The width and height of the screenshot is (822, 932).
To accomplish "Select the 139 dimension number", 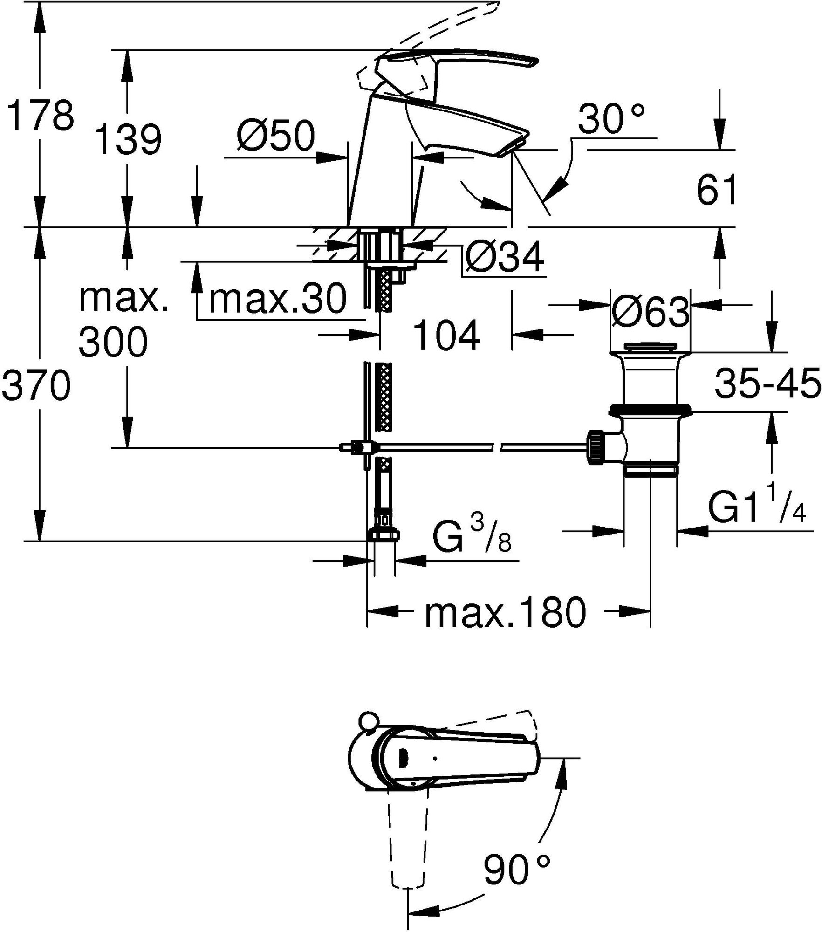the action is pos(128,139).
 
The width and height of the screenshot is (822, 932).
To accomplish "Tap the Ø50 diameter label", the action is pos(275,137).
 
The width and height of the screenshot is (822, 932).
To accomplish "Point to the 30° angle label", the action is pos(611,118).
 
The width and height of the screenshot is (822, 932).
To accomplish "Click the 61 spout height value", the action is pos(717,190).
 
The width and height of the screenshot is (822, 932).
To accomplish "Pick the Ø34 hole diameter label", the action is pos(505,257).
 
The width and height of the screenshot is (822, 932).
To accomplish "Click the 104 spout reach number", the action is pos(446,335).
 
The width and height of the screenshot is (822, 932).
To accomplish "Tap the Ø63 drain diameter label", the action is pos(651,311).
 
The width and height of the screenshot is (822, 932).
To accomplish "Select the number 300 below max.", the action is pos(113,342).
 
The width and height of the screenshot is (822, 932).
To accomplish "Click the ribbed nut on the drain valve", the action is pos(596,447).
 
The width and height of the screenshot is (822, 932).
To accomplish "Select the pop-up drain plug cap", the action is pos(651,347).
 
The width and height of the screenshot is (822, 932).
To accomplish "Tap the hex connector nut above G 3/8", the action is pos(384,535).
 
